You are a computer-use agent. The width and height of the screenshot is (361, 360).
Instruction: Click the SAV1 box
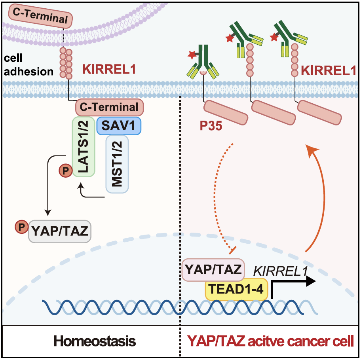pos(119,126)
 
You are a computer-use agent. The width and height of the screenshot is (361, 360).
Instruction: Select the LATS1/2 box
pos(83,146)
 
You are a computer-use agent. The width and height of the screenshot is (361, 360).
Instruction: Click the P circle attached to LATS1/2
pos(65,171)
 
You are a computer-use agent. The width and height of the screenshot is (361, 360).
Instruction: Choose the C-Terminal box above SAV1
pos(109,107)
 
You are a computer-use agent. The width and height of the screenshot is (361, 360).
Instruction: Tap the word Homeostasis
pos(95,341)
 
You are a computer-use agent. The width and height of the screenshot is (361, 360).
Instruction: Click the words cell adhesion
pos(27,65)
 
